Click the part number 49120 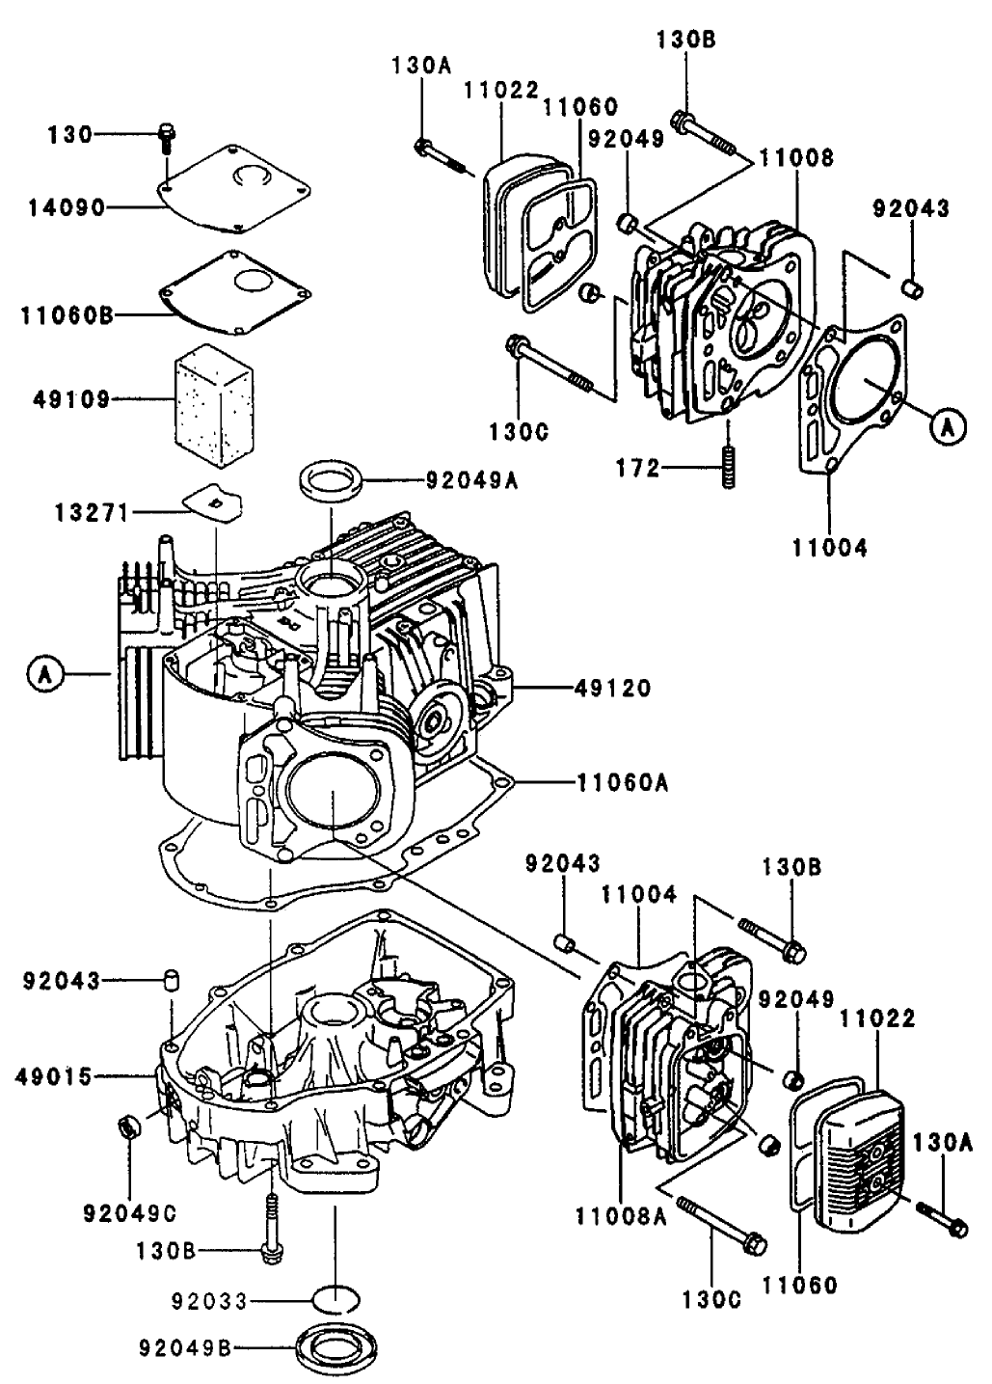612,689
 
